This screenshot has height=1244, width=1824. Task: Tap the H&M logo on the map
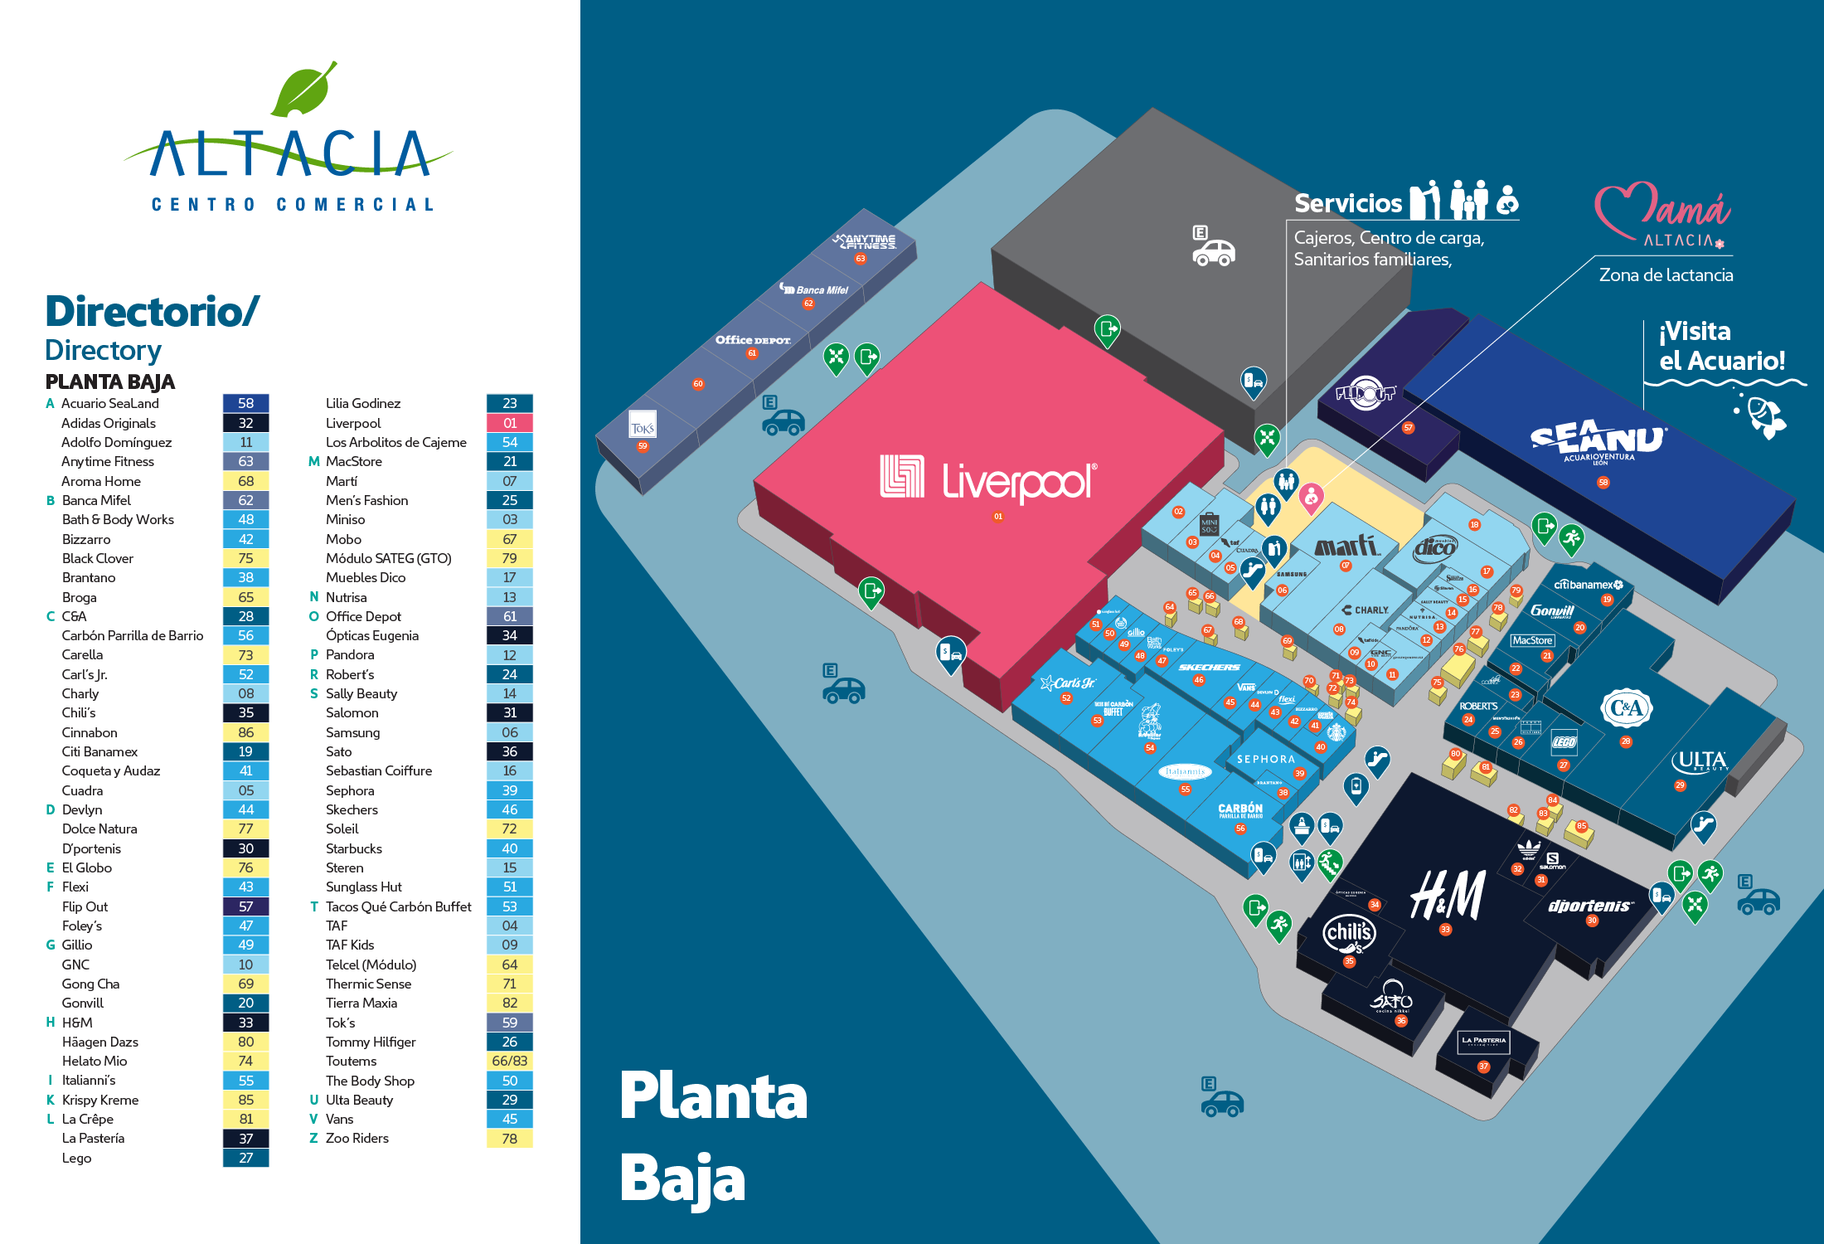1448,896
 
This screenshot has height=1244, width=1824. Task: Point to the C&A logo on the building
1626,707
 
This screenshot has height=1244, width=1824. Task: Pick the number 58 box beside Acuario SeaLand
245,404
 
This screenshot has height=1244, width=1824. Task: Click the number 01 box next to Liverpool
509,423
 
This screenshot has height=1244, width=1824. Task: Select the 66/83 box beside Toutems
509,1061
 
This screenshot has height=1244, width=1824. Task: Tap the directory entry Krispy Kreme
100,1100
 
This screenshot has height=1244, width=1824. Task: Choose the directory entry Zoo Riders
357,1138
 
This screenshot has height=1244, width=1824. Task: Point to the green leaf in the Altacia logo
304,90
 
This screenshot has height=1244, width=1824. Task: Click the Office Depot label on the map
753,340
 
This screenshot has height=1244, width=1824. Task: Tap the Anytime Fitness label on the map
866,241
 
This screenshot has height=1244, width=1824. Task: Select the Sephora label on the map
1265,759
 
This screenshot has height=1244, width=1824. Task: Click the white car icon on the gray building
1214,252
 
